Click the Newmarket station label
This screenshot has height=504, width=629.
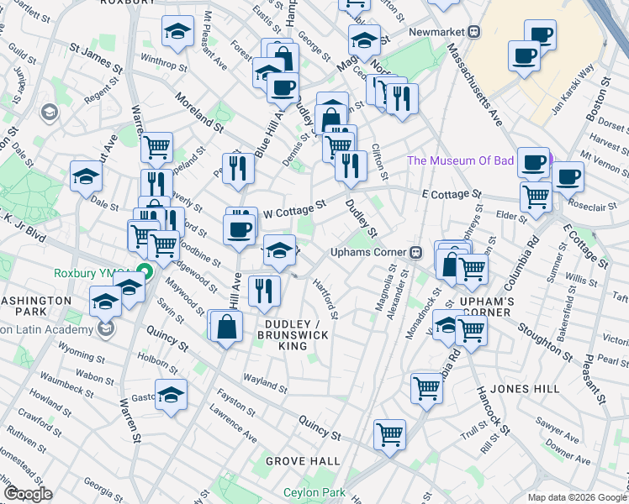pyautogui.click(x=437, y=32)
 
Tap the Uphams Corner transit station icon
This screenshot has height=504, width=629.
pyautogui.click(x=415, y=252)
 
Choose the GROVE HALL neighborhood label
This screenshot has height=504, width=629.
pyautogui.click(x=303, y=461)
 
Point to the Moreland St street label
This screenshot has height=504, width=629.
pyautogui.click(x=198, y=115)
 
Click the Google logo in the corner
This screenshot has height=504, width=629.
pyautogui.click(x=28, y=494)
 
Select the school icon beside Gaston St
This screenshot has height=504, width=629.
pyautogui.click(x=170, y=394)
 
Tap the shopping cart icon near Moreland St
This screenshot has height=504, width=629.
pyautogui.click(x=156, y=147)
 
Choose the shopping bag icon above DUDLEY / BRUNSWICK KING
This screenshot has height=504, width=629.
pyautogui.click(x=227, y=326)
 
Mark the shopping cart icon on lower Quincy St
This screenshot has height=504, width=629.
pyautogui.click(x=389, y=434)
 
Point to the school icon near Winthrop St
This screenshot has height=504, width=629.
pyautogui.click(x=176, y=32)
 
